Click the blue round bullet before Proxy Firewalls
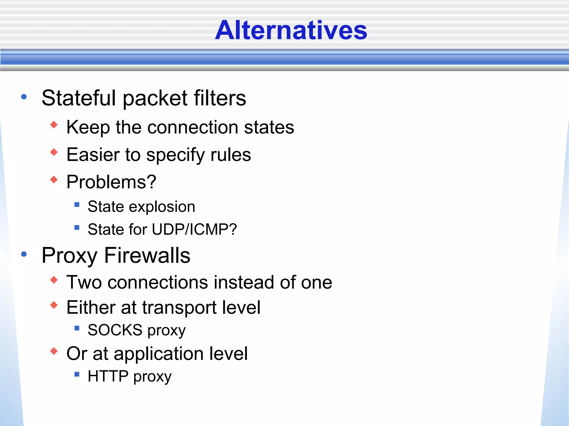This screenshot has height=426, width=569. pyautogui.click(x=24, y=254)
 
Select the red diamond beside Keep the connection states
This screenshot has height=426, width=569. pyautogui.click(x=54, y=125)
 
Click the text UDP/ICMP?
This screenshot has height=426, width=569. pyautogui.click(x=194, y=229)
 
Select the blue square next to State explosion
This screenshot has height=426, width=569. pyautogui.click(x=77, y=205)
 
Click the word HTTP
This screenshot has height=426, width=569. pyautogui.click(x=108, y=376)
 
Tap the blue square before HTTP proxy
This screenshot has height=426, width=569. pyautogui.click(x=77, y=374)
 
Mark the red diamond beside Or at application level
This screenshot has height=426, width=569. pyautogui.click(x=54, y=351)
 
